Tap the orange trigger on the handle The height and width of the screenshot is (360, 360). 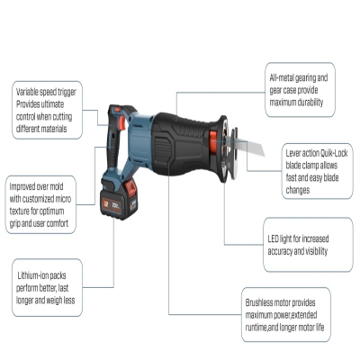click(122, 123)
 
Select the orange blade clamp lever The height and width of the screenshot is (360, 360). click(213, 141)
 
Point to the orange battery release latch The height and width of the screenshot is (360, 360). click(130, 188)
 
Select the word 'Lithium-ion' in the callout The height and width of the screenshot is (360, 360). click(33, 275)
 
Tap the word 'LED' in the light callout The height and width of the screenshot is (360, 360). click(274, 238)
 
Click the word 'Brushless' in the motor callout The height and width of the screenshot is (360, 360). click(258, 302)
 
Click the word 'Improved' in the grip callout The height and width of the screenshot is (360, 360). click(22, 186)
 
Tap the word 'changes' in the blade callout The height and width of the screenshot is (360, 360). click(298, 190)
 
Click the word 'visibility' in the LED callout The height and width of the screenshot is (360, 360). click(316, 251)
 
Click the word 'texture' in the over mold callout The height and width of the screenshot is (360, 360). click(20, 211)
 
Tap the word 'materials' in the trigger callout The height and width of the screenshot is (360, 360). click(54, 129)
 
